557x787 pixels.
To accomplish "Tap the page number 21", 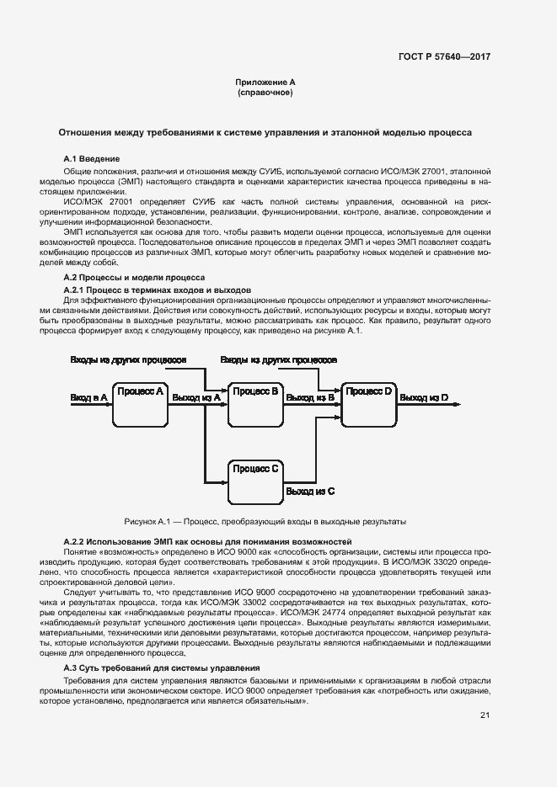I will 485,715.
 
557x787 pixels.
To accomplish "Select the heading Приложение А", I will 265,82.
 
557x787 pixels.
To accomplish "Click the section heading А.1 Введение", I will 92,158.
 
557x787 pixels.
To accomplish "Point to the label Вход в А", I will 88,396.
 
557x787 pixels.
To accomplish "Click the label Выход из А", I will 195,396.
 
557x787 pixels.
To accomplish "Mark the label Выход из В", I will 310,396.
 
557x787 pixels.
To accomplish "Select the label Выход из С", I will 310,490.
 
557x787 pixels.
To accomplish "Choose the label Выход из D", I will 424,396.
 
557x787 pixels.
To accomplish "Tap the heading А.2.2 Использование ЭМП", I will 207,540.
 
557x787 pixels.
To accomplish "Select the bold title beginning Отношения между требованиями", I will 265,132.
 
